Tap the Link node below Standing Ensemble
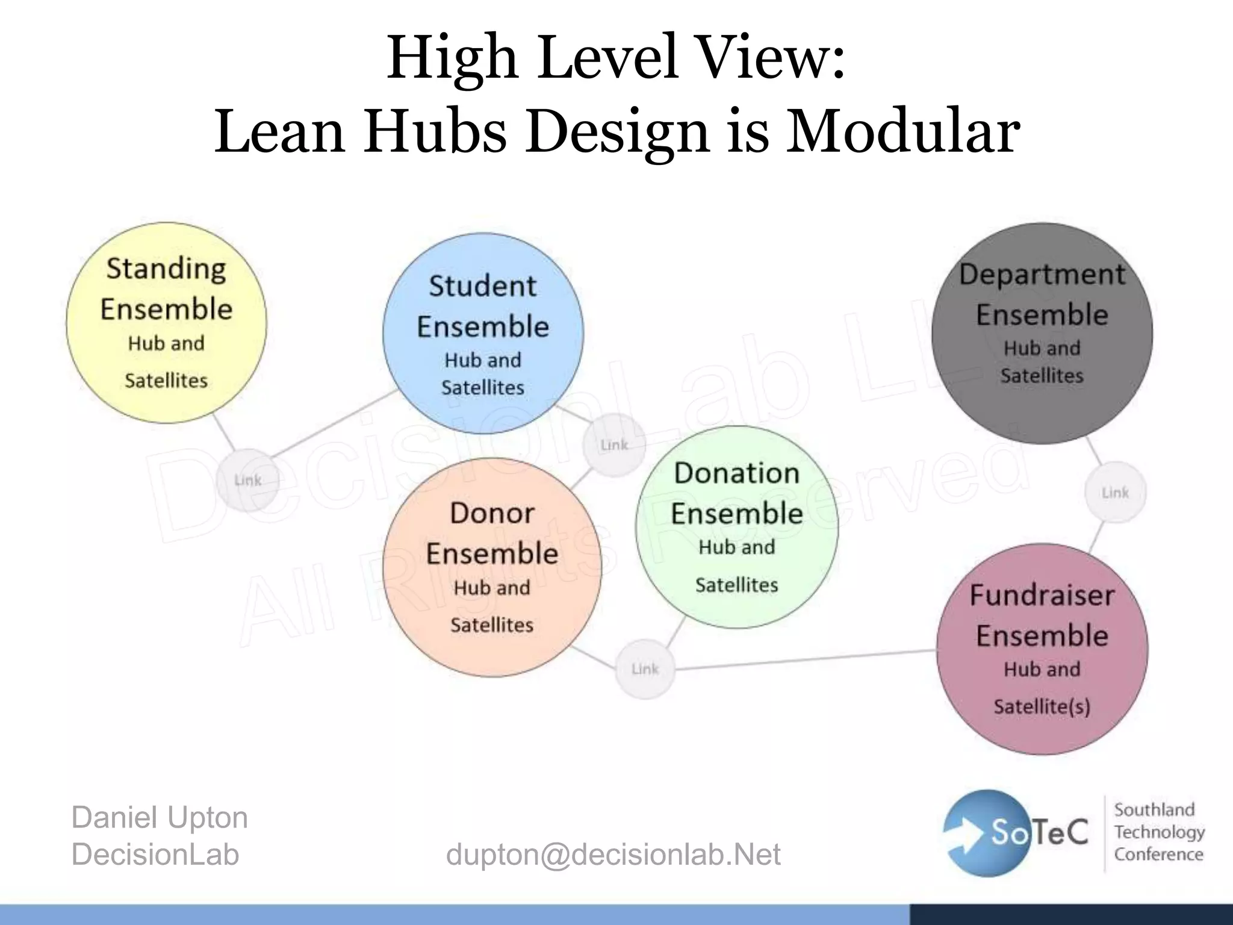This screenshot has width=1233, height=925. [x=247, y=480]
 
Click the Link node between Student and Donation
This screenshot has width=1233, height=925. [x=614, y=445]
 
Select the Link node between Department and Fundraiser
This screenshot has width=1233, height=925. [x=1115, y=493]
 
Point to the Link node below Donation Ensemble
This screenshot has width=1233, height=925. [x=645, y=669]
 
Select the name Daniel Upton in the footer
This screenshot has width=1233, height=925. [x=160, y=817]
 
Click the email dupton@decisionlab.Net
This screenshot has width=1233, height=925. [x=613, y=854]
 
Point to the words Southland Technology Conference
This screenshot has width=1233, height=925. [x=1158, y=832]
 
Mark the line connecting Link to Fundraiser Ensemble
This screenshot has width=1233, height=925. [x=807, y=659]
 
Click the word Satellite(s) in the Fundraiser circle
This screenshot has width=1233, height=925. [x=1042, y=706]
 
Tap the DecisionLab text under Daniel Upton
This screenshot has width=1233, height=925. [x=155, y=854]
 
